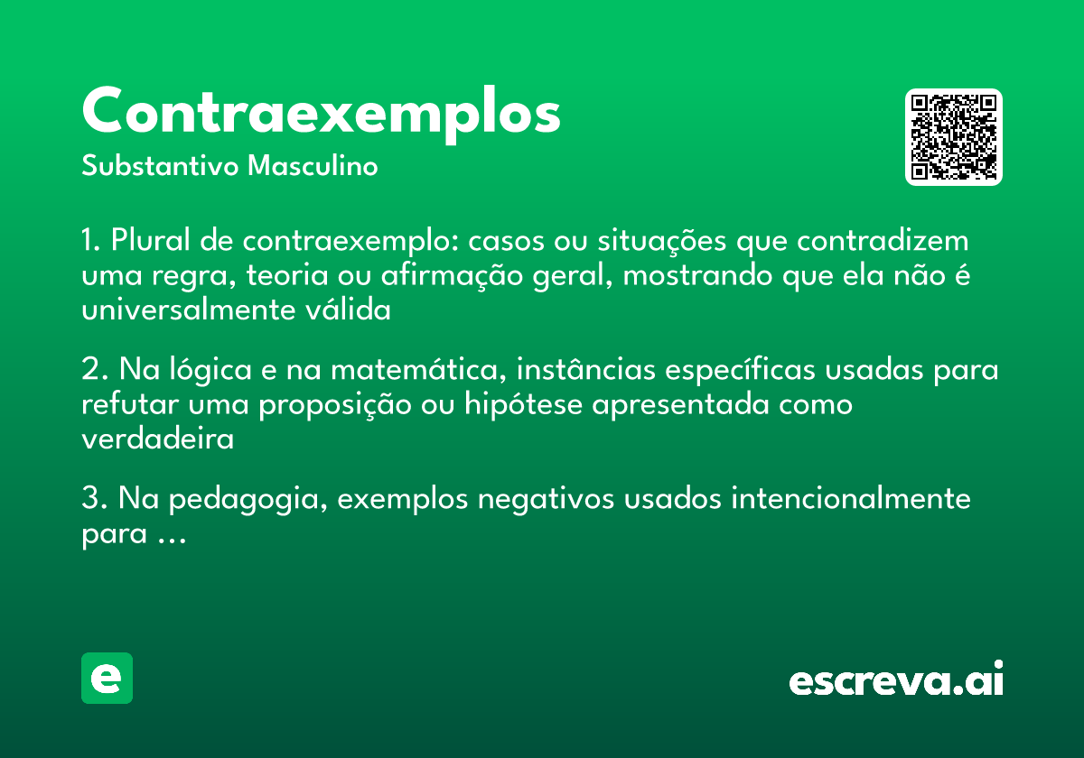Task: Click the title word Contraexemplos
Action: [x=321, y=112]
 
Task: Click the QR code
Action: [x=954, y=137]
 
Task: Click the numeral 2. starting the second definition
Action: [x=94, y=371]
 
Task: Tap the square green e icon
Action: [x=107, y=678]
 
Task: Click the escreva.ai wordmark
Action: [x=896, y=680]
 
